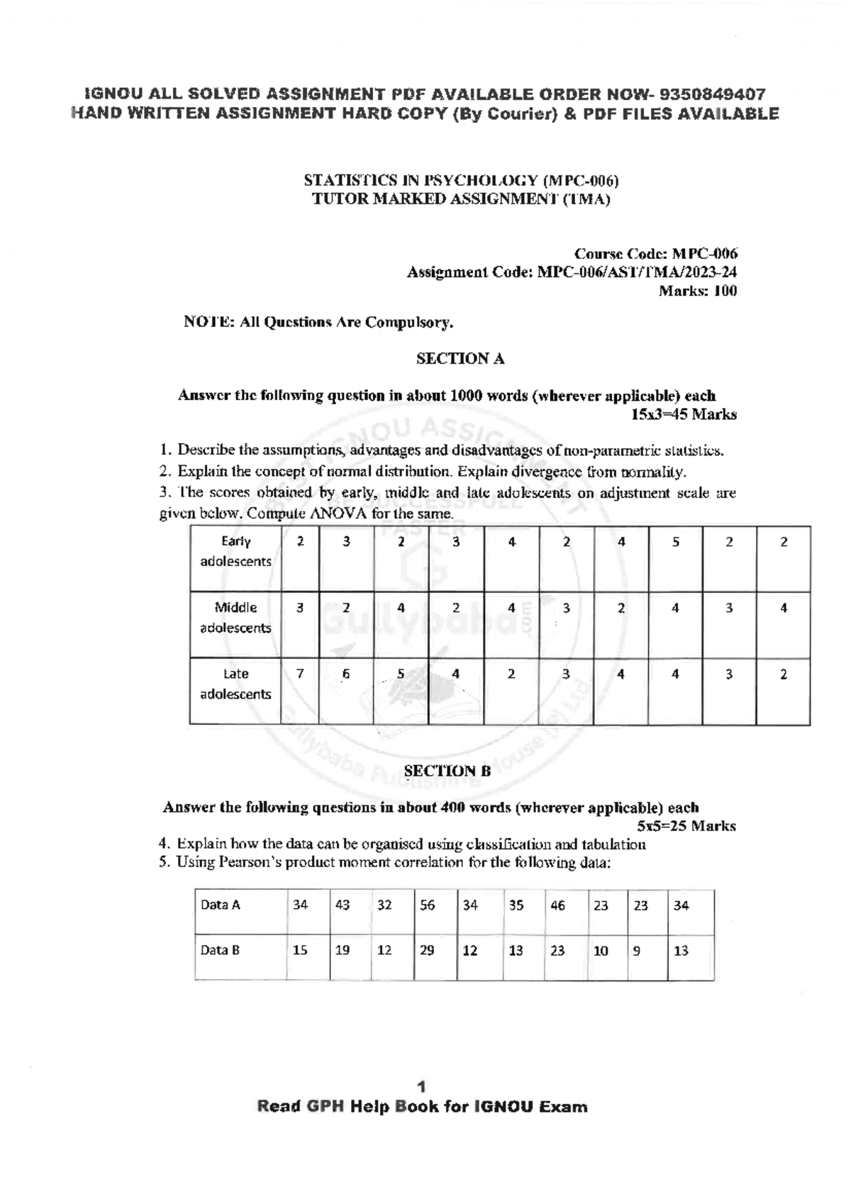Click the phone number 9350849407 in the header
click(712, 94)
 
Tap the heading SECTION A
click(460, 359)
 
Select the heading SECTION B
click(447, 771)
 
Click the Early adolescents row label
click(235, 551)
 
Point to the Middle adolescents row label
click(235, 617)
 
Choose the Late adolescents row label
click(235, 684)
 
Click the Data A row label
click(221, 905)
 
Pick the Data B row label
click(220, 950)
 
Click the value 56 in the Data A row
click(428, 905)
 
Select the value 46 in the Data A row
click(557, 905)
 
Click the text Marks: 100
click(698, 291)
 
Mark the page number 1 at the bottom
click(422, 1087)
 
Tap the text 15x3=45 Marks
click(684, 414)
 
